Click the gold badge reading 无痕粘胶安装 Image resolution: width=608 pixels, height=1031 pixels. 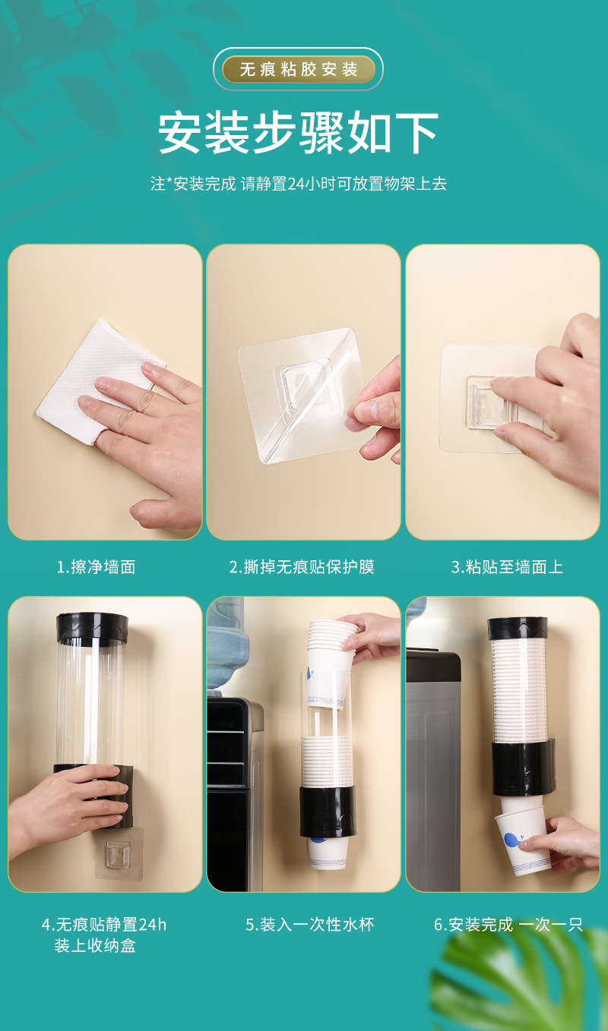(x=298, y=70)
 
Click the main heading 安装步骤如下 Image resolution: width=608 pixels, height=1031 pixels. (x=298, y=134)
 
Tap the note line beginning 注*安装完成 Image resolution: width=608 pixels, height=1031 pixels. (x=298, y=184)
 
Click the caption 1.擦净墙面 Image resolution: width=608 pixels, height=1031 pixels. (x=96, y=567)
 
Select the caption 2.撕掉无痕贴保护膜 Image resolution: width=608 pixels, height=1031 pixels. (x=302, y=567)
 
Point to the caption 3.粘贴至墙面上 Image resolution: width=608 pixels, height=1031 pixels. (x=507, y=567)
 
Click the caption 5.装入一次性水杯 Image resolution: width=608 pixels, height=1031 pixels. (x=309, y=925)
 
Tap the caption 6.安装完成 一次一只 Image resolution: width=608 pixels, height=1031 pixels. (x=508, y=925)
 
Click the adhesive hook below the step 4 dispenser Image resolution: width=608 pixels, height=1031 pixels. (x=117, y=856)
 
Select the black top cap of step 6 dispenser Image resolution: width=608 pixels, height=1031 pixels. (x=518, y=627)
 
